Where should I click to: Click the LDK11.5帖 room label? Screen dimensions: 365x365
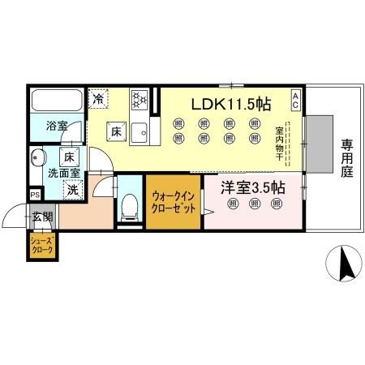230,105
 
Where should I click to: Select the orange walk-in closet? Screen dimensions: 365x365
173,203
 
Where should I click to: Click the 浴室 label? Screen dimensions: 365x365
57,127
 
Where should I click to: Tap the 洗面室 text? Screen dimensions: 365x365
62,172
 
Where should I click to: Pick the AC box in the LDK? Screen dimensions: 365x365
296,101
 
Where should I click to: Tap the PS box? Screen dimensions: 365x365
34,195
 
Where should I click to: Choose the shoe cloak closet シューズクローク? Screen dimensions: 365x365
42,246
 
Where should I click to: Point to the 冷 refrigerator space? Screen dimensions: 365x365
98,100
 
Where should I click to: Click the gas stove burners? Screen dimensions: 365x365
140,99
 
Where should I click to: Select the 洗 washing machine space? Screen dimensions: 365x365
72,190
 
